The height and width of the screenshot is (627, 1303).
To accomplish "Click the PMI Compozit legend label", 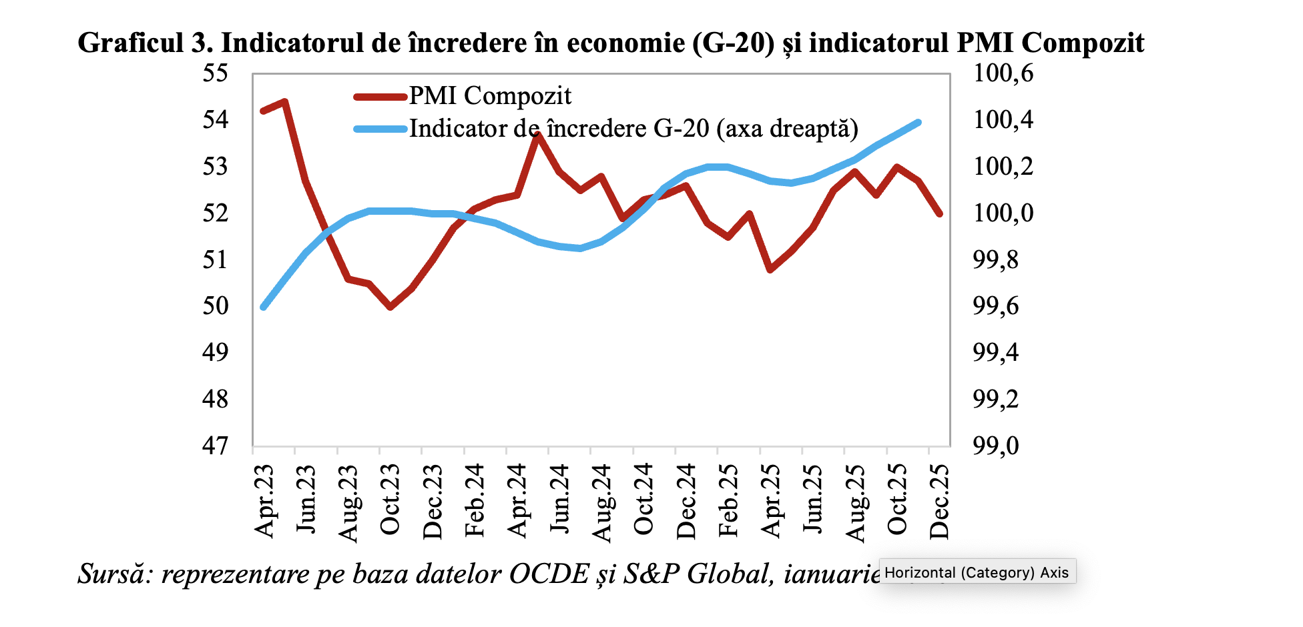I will [x=490, y=96].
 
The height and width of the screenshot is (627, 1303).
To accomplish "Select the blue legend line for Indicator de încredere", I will [x=380, y=129].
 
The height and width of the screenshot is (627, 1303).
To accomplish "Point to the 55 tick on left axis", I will [x=215, y=73].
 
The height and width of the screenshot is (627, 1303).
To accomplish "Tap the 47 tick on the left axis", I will [x=215, y=445].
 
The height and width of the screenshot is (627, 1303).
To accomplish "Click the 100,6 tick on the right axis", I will [x=1003, y=73].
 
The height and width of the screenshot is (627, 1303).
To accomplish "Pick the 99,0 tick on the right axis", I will [x=996, y=445].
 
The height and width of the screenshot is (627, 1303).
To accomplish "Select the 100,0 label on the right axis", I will [x=1003, y=213].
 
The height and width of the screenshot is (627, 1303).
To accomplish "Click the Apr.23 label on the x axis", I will [x=264, y=500].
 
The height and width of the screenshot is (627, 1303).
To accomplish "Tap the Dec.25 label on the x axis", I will [x=939, y=500].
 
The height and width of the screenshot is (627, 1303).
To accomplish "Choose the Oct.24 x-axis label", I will [x=643, y=500].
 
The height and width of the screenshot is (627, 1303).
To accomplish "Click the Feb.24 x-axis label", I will [x=475, y=500].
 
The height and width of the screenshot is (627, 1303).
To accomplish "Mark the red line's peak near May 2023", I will [x=285, y=102].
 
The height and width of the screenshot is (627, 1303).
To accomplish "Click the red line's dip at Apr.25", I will [x=771, y=269].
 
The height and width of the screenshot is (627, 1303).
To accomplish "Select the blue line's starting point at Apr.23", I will [x=264, y=307].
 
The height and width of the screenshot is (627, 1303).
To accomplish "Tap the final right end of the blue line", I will [x=919, y=123].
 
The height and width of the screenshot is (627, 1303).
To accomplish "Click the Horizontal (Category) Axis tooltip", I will [x=977, y=572].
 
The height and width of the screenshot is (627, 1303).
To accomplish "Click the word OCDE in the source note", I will [x=549, y=574].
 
